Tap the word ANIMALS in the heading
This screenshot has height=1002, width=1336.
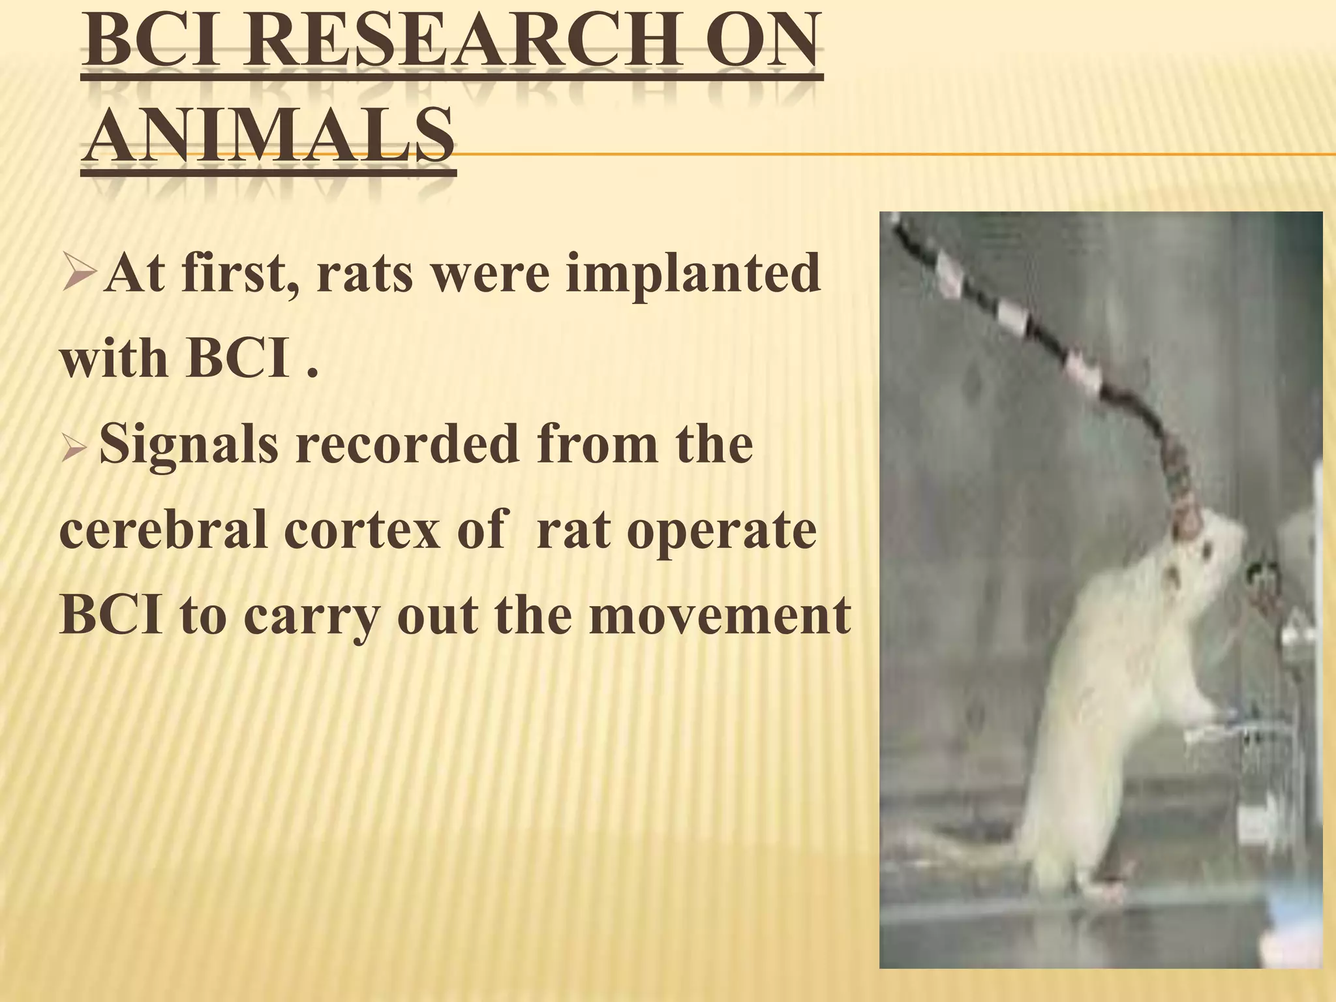coord(269,138)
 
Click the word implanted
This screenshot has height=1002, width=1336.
coord(692,273)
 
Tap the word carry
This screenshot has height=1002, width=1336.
coord(311,616)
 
